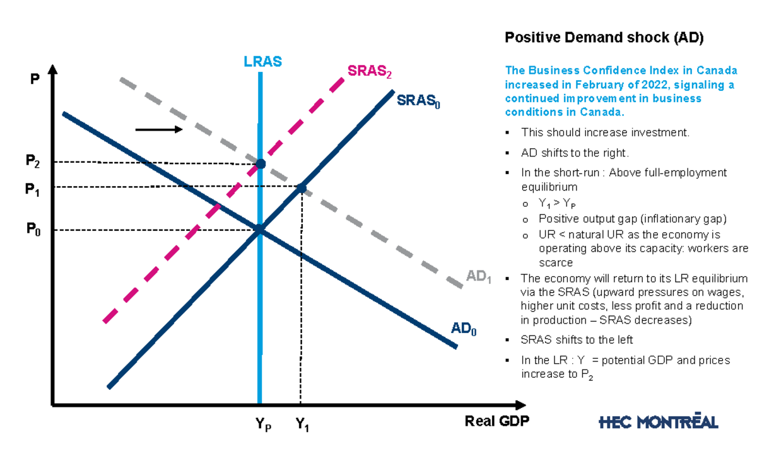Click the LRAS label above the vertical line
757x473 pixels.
pyautogui.click(x=262, y=62)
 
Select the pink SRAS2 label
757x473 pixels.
pyautogui.click(x=370, y=71)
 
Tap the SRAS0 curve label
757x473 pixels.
pyautogui.click(x=418, y=100)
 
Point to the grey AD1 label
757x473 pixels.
pyautogui.click(x=479, y=277)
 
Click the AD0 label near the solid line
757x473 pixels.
pyautogui.click(x=464, y=329)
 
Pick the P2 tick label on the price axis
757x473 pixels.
pyautogui.click(x=33, y=161)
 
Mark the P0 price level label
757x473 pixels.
pyautogui.click(x=33, y=230)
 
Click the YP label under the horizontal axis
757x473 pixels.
pyautogui.click(x=263, y=425)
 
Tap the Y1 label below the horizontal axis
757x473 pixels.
pyautogui.click(x=303, y=426)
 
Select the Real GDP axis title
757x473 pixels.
pyautogui.click(x=497, y=421)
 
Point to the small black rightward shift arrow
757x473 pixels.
pyautogui.click(x=158, y=129)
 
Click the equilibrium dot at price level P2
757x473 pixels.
pyautogui.click(x=260, y=164)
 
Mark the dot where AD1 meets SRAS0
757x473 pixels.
pyautogui.click(x=302, y=188)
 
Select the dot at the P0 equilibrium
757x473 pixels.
pyautogui.click(x=259, y=229)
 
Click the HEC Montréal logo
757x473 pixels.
pyautogui.click(x=658, y=421)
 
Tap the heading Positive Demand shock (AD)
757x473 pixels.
pyautogui.click(x=604, y=38)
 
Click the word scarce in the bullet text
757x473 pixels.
pyautogui.click(x=555, y=262)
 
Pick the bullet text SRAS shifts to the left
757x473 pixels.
pyautogui.click(x=577, y=340)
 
